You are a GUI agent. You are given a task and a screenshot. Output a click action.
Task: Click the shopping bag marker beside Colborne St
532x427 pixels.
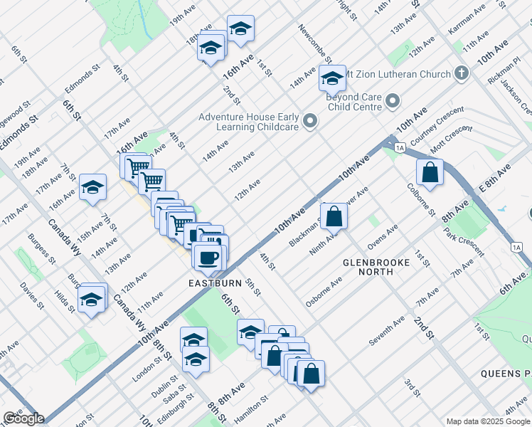tap(430, 172)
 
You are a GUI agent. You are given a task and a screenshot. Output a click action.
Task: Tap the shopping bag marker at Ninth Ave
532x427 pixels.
tap(334, 216)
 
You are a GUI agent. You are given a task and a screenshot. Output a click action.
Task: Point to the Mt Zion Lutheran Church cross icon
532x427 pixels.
tap(462, 74)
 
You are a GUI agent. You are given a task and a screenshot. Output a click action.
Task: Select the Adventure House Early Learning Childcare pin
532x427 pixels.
tap(309, 122)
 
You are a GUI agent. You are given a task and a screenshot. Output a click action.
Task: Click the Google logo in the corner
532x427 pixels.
tap(23, 418)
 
